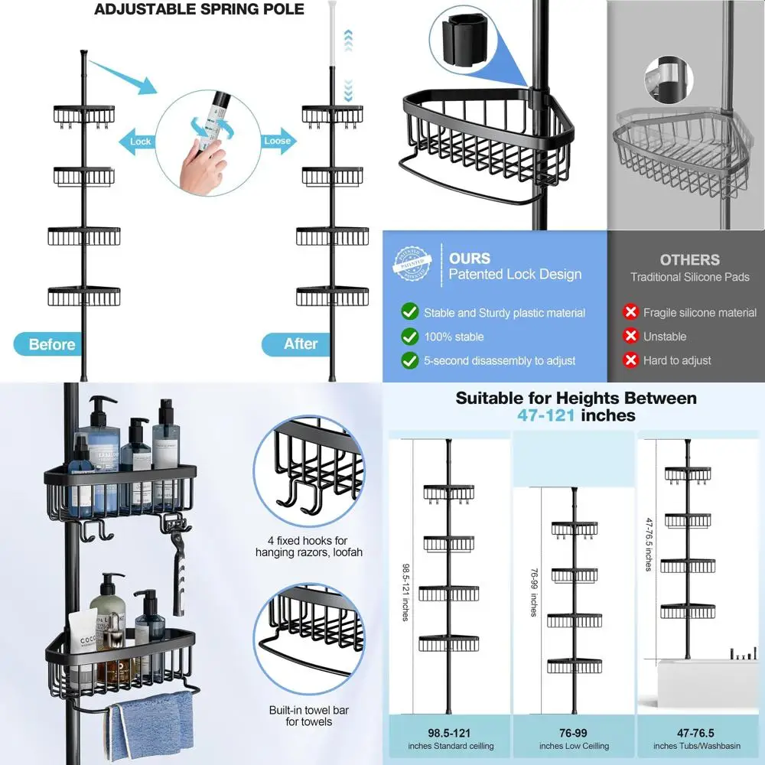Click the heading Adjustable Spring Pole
199,10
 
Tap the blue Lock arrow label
139,142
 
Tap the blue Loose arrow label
276,141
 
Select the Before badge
51,344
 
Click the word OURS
469,259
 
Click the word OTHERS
689,259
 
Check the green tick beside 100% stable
410,336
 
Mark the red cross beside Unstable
630,336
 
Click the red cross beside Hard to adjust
630,360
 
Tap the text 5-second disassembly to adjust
500,360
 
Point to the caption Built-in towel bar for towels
309,716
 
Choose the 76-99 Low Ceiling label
574,739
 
